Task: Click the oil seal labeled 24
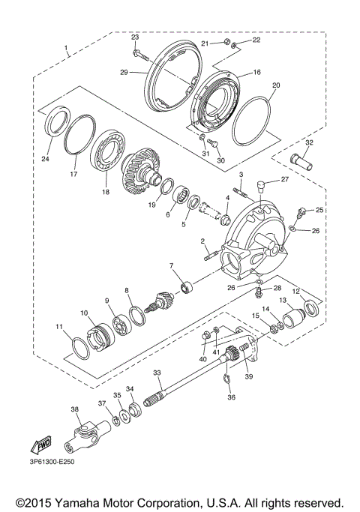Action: (57, 123)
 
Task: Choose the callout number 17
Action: (73, 175)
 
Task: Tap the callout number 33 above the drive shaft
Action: (157, 373)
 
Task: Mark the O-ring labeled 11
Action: (80, 347)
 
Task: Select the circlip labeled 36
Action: (228, 384)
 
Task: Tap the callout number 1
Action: (67, 50)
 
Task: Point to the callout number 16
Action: (256, 73)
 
